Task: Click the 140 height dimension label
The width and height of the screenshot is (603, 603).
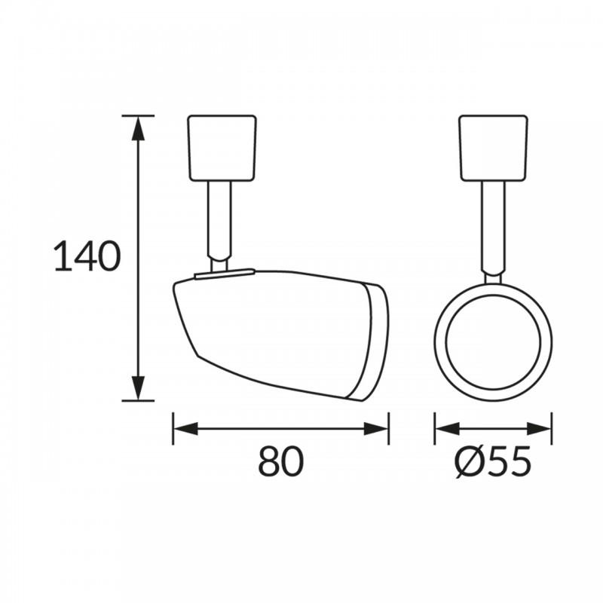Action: click(87, 256)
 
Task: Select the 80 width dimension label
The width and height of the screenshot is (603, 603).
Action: click(280, 461)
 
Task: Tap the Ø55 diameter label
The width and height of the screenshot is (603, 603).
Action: click(493, 461)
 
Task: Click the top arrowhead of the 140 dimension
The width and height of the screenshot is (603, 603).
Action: click(139, 128)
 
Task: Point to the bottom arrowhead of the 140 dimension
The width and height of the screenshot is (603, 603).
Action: click(139, 388)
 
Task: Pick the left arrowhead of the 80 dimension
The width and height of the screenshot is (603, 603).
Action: click(185, 429)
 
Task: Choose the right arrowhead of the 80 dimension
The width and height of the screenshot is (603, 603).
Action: click(376, 429)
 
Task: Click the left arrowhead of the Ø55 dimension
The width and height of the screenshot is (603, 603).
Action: click(447, 429)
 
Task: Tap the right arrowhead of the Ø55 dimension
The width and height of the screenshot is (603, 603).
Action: click(539, 429)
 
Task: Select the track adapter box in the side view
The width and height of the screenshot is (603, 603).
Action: click(222, 148)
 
